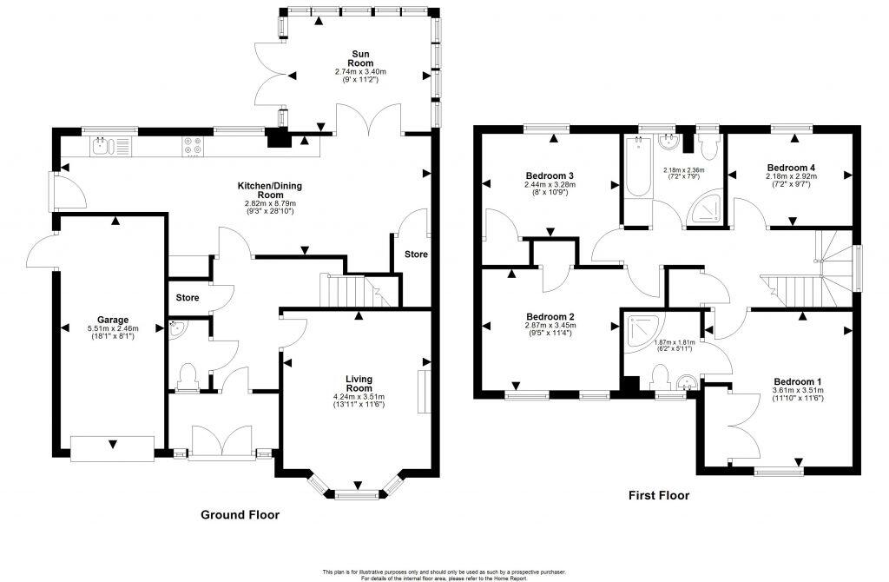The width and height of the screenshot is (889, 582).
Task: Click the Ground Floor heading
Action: coord(240,514)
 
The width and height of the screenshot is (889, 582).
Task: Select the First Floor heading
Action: coord(659,496)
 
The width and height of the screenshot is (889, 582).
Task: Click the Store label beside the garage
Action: coord(187,298)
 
